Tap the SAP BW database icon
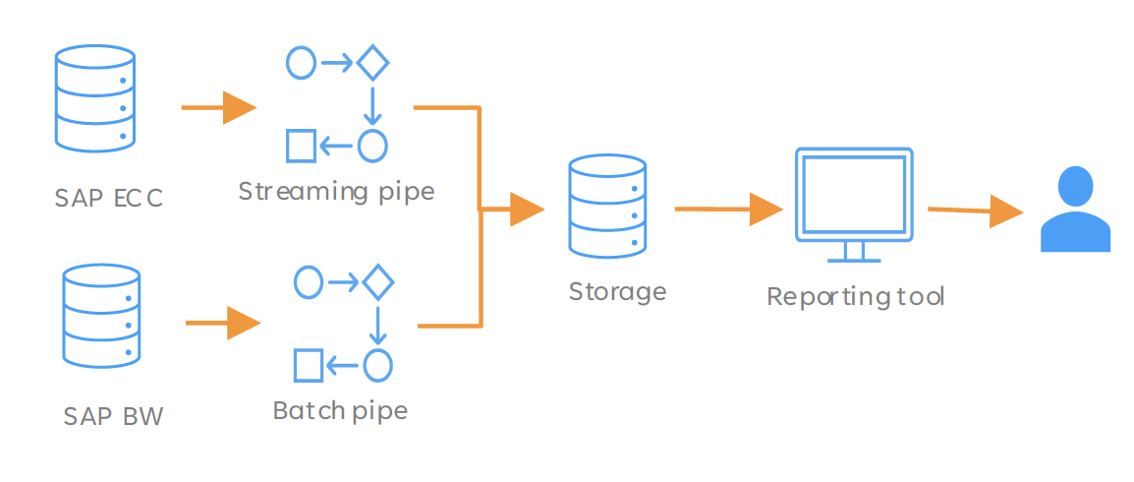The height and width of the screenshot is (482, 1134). [101, 319]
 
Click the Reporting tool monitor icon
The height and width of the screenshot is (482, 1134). [853, 205]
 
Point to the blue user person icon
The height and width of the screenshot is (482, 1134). [1075, 210]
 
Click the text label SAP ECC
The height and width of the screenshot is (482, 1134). [108, 198]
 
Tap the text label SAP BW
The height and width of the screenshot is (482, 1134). [114, 417]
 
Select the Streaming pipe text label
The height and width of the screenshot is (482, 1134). [336, 192]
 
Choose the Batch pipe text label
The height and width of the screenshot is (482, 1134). [340, 410]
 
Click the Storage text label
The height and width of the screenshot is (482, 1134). [617, 292]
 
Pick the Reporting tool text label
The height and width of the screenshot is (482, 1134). [856, 297]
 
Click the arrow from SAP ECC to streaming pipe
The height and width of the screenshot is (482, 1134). [219, 108]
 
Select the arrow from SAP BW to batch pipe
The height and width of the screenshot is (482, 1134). [223, 323]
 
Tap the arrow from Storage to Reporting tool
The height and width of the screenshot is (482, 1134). [729, 210]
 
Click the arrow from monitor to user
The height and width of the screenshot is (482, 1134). [977, 211]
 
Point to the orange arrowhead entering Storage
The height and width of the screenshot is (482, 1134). [527, 210]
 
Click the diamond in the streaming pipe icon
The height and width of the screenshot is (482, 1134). [372, 63]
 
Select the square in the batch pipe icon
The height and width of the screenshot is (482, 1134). [308, 366]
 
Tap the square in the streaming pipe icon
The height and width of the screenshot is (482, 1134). [302, 146]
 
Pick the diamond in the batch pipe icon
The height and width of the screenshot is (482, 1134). [376, 282]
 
